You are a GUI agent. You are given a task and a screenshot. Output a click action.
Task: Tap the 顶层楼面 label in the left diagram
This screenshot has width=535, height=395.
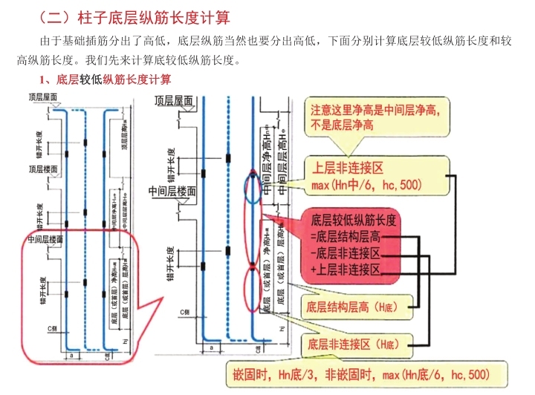(45, 169)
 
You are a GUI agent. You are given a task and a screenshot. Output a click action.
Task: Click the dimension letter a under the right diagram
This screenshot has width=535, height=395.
(211, 346)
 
